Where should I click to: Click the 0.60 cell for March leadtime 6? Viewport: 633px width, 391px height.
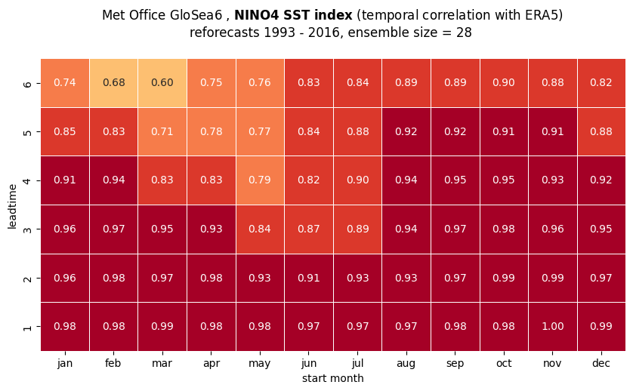[x=162, y=83]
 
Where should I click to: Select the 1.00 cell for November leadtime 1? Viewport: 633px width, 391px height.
[x=552, y=326]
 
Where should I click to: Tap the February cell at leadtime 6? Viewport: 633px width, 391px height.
[x=113, y=83]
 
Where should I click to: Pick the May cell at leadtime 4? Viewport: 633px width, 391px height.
[x=260, y=180]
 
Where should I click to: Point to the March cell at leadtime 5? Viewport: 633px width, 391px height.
[x=162, y=132]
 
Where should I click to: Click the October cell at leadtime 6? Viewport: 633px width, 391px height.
[x=503, y=83]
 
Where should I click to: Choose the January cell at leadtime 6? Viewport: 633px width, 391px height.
[x=65, y=83]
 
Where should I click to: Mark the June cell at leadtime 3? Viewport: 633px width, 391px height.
[x=309, y=229]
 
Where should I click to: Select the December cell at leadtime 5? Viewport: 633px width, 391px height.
[x=601, y=132]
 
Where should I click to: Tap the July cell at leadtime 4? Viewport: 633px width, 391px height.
[x=358, y=180]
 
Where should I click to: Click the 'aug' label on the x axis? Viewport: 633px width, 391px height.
[x=406, y=364]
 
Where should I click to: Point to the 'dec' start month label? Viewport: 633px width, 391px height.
[x=601, y=363]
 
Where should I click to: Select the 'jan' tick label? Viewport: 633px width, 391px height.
[x=65, y=364]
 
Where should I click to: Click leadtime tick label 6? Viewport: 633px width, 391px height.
[x=27, y=84]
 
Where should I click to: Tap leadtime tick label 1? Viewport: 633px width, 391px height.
[x=27, y=327]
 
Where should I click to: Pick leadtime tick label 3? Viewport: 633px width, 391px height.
[x=27, y=229]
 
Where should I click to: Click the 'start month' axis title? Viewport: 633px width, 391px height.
[x=333, y=378]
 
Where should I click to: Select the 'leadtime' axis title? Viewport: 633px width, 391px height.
[x=12, y=206]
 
